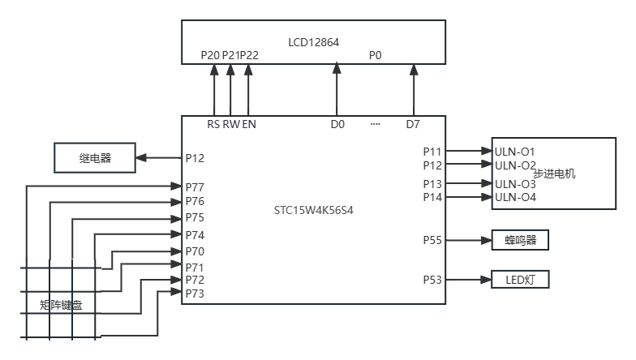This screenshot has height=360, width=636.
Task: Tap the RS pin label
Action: point(213,125)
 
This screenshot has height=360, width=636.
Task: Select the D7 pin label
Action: point(413,125)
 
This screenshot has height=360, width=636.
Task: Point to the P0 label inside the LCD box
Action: point(375,56)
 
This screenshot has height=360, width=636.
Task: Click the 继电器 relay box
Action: point(95,158)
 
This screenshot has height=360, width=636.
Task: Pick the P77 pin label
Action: point(195,187)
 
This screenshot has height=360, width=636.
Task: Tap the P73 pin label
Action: point(195,294)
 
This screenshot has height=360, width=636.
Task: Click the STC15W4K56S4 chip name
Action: point(314,210)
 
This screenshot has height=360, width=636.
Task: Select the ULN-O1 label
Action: point(515,152)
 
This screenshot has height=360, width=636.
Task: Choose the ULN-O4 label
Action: point(515,197)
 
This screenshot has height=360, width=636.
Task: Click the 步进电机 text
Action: point(554,174)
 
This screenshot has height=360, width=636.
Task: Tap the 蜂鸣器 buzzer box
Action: point(520,240)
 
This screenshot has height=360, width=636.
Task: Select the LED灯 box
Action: point(520,280)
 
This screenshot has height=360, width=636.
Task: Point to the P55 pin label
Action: point(432,240)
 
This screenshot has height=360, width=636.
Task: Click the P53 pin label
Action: point(432,280)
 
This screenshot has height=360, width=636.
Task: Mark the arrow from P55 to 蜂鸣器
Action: point(469,240)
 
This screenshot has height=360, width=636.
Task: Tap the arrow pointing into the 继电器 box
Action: point(158,158)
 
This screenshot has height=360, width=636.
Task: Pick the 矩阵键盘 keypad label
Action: point(61,306)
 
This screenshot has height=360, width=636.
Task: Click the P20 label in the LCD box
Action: point(210,56)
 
